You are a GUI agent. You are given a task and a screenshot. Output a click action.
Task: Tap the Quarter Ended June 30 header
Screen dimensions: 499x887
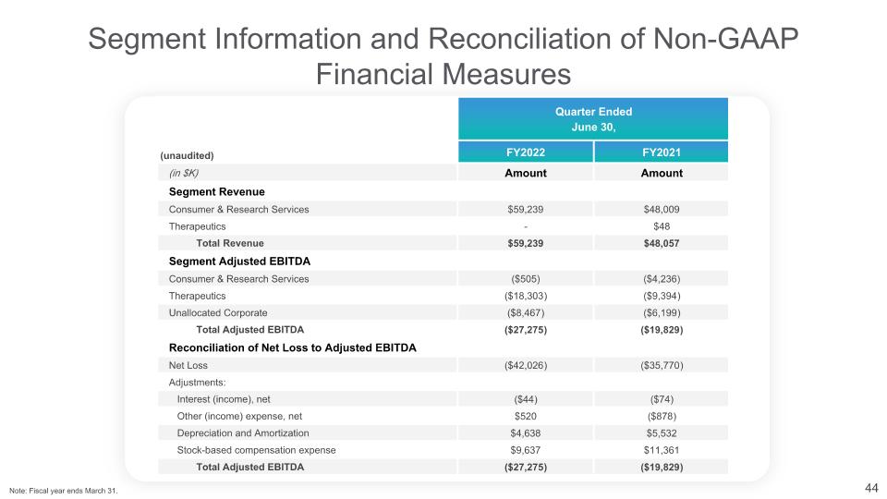(593, 119)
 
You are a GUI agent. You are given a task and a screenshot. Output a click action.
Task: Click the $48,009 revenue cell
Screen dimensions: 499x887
(661, 210)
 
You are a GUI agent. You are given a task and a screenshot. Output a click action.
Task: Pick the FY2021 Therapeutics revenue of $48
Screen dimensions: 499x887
(661, 226)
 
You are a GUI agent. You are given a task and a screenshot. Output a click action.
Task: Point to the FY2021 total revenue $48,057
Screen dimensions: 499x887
(661, 243)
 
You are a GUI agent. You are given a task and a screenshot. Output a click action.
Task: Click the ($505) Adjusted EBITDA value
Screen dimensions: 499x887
(525, 278)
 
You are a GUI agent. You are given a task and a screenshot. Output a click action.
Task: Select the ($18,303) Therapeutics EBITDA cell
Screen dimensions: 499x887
(525, 296)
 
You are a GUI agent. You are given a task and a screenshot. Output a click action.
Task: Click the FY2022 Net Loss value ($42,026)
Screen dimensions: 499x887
(525, 365)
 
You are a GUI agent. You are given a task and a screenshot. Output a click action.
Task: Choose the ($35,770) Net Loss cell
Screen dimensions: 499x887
(661, 365)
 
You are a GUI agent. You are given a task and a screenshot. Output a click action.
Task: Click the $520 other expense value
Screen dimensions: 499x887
(525, 416)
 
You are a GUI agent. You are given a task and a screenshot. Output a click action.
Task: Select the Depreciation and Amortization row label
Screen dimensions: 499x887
(243, 432)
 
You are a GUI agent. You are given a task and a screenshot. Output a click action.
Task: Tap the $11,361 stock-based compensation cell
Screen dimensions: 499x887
(661, 450)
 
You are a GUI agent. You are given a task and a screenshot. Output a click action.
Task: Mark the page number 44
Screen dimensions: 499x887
(870, 487)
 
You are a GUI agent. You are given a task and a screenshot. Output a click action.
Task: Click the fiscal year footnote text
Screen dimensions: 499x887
(64, 490)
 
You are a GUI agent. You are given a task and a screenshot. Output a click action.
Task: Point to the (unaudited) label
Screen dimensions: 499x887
(188, 155)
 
